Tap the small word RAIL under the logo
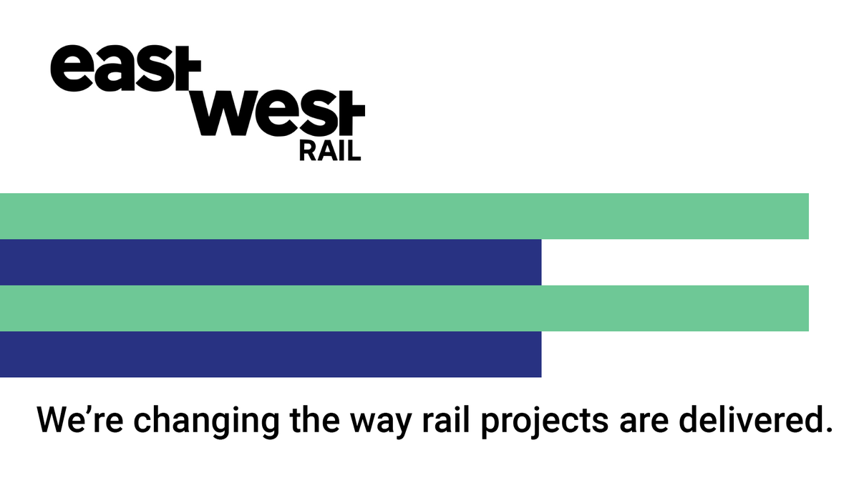click(x=329, y=151)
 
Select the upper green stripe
click(x=404, y=216)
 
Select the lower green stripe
click(x=404, y=308)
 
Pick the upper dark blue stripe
click(x=271, y=262)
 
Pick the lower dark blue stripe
click(x=271, y=354)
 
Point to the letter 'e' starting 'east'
click(x=66, y=69)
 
